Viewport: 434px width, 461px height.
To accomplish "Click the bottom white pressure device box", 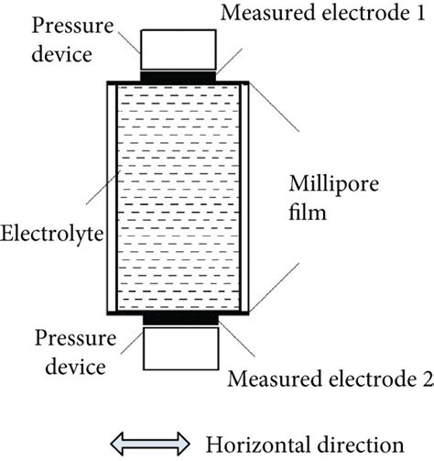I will click(x=179, y=347).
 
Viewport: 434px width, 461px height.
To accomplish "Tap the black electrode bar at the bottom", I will click(x=179, y=318).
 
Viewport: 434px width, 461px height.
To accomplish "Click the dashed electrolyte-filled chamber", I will click(x=179, y=197).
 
